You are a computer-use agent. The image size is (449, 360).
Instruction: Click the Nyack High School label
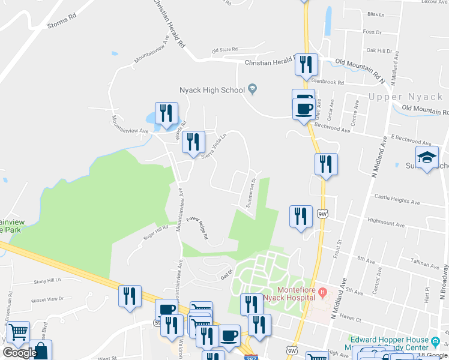point(212,91)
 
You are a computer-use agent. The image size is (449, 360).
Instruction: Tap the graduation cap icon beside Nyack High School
point(252,90)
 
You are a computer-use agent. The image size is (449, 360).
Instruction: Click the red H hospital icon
point(323,292)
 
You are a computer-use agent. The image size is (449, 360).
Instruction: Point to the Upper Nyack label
point(405,97)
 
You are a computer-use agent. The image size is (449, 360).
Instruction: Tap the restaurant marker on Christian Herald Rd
point(306,64)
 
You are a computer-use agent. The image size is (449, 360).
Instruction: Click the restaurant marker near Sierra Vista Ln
point(193,142)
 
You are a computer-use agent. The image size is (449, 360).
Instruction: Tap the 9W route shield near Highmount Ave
point(323,213)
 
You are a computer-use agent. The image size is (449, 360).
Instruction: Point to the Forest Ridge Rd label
point(197,228)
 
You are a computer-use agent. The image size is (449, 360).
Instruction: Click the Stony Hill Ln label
point(47,280)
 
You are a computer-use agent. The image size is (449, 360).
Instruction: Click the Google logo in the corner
point(19,353)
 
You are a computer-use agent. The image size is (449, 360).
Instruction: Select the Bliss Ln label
point(375,14)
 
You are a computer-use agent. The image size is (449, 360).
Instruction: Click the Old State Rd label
point(225,50)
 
